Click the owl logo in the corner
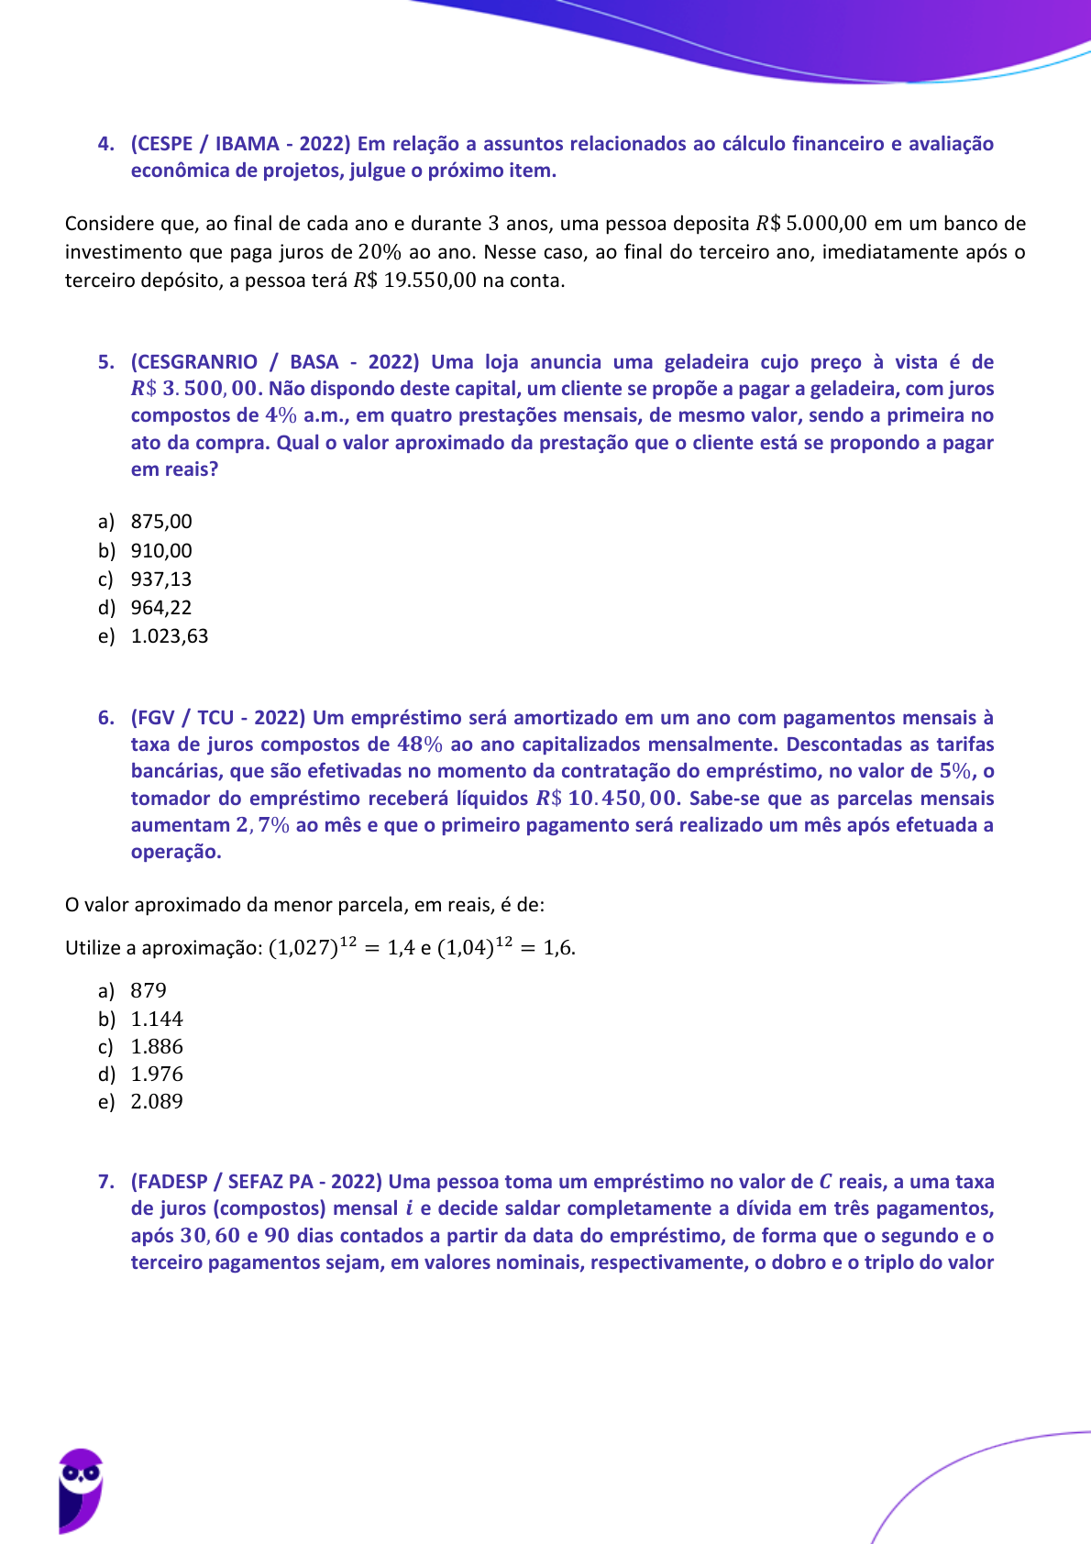[x=81, y=1490]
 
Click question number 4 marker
[x=105, y=144]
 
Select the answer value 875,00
[x=161, y=522]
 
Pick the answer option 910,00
[x=161, y=550]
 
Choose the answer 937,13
[x=161, y=579]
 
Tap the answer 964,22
[x=161, y=607]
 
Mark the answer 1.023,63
[x=170, y=635]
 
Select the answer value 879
[x=149, y=990]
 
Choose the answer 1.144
[x=157, y=1019]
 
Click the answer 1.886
[x=157, y=1046]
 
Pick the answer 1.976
[x=157, y=1074]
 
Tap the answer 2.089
[x=157, y=1101]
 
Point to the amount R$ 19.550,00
[x=414, y=281]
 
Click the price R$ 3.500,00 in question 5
[x=196, y=389]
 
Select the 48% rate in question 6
[x=420, y=744]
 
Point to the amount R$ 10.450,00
[x=608, y=799]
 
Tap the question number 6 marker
[x=105, y=718]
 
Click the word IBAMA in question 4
[x=248, y=144]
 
